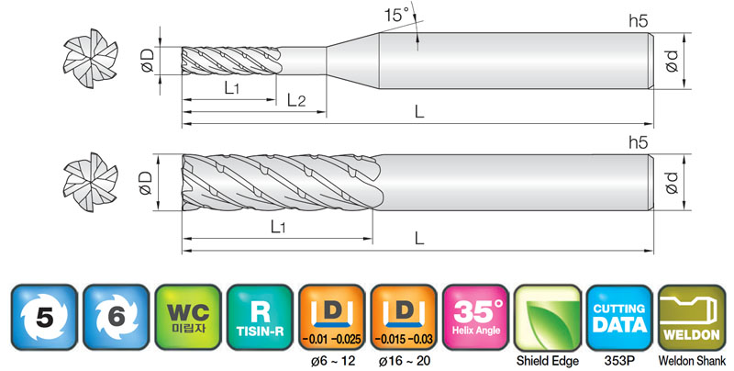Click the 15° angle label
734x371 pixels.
(x=397, y=15)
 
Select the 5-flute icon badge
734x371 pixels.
(x=44, y=317)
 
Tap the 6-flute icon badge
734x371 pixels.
(x=117, y=317)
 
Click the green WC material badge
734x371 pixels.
(x=188, y=317)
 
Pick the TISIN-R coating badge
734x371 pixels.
(x=260, y=317)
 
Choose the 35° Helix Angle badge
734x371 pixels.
(x=475, y=317)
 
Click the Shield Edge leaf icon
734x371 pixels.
(x=548, y=317)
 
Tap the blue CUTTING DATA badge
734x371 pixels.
(x=619, y=317)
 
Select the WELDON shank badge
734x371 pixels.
(x=692, y=317)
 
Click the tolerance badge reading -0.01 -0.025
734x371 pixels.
(x=332, y=317)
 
